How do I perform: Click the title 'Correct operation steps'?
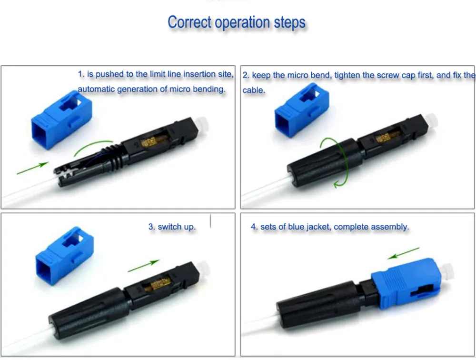(x=237, y=22)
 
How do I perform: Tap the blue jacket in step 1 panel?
(x=61, y=120)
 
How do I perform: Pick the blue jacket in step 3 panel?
(x=65, y=256)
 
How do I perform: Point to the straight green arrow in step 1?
(x=33, y=168)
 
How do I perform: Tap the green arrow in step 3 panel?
(x=144, y=266)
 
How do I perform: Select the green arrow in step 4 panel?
(x=404, y=253)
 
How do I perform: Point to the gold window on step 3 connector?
(x=158, y=285)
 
